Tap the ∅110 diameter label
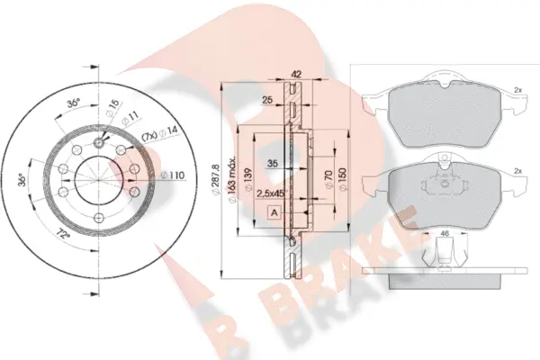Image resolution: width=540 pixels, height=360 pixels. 173,174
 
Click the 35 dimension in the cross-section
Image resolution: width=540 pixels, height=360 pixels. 273,163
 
